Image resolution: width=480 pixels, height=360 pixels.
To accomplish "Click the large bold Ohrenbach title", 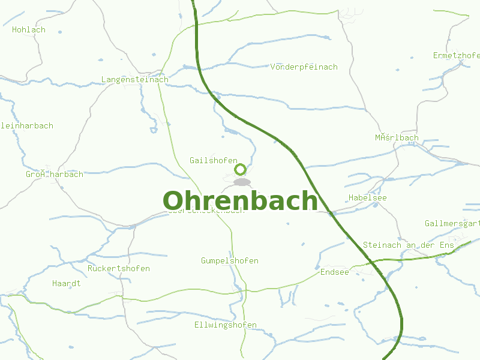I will (x=240, y=200).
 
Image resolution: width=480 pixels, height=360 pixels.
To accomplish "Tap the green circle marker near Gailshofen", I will (x=240, y=169).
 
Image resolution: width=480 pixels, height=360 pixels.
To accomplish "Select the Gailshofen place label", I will (x=209, y=160).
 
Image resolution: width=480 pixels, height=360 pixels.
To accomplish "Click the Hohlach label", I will (x=29, y=29).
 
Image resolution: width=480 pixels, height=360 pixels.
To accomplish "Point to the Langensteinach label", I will (x=135, y=79).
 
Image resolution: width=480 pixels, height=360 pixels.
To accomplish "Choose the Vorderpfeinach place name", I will (x=304, y=67).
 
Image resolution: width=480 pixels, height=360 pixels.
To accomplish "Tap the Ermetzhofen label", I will (x=457, y=56).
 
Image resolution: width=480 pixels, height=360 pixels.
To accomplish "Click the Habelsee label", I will (x=367, y=197).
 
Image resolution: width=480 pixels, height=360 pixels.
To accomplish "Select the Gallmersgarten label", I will (x=452, y=224).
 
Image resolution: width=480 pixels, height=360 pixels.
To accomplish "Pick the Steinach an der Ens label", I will (x=409, y=245).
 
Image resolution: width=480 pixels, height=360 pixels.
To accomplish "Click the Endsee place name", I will (x=335, y=272).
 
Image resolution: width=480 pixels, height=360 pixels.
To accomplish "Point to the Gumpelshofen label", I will (x=230, y=260).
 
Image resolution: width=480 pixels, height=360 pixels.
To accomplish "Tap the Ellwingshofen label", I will (x=226, y=325).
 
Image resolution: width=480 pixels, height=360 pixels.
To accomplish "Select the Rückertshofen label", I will (x=119, y=268).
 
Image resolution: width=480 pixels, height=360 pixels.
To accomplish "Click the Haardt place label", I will (x=67, y=283).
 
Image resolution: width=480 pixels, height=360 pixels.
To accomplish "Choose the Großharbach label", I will (x=55, y=174).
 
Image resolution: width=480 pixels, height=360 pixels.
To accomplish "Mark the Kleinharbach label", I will (x=27, y=125).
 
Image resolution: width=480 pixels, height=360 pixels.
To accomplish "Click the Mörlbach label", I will (x=397, y=137).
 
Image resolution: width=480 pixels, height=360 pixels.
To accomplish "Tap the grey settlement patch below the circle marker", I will (x=242, y=182).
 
